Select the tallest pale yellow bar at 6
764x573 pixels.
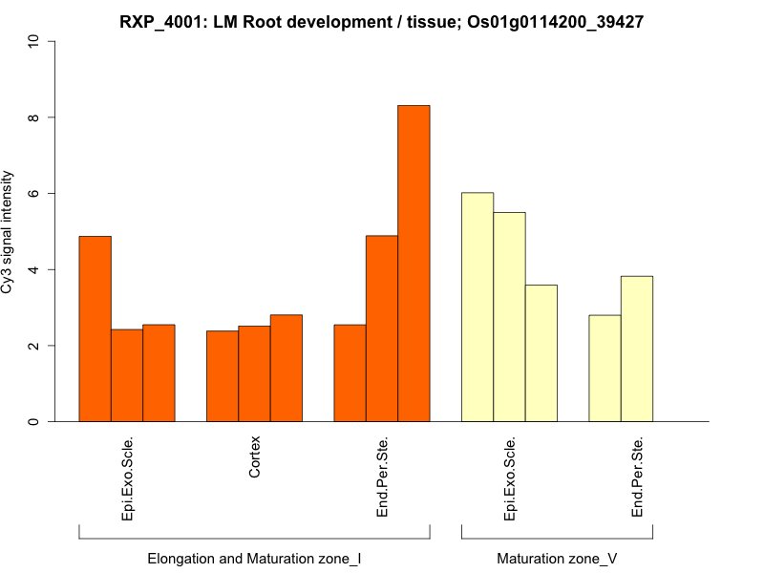[477, 307]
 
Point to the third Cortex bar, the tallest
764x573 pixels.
[286, 368]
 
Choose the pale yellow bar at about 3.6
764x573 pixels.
[541, 352]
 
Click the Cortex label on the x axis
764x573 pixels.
[255, 457]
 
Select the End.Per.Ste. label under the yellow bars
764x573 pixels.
[638, 477]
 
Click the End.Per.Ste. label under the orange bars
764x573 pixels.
[382, 477]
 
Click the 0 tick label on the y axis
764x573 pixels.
[35, 421]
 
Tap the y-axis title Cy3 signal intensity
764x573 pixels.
[9, 232]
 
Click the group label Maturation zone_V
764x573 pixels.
[557, 558]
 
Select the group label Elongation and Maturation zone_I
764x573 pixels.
[254, 558]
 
